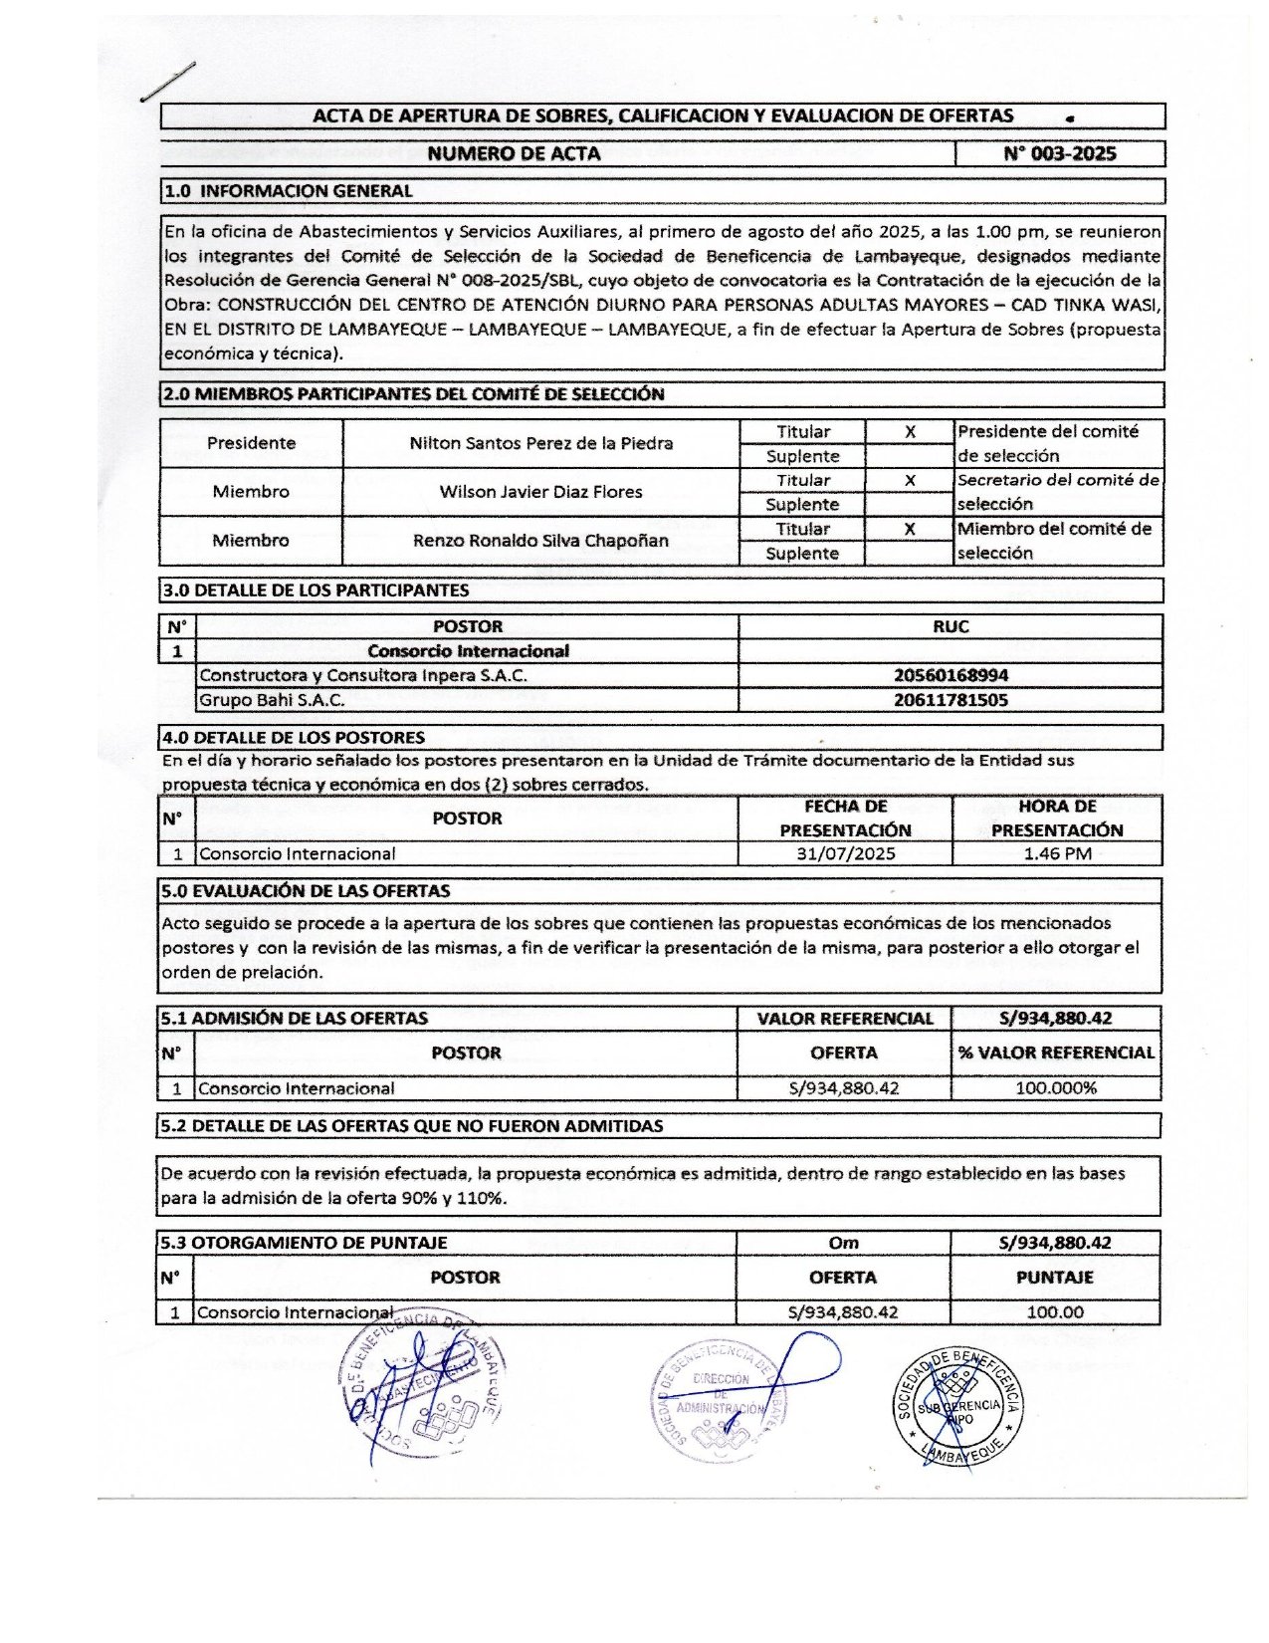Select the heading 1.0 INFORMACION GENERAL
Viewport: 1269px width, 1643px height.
(x=288, y=190)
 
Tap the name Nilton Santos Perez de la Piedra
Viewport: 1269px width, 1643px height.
(x=540, y=443)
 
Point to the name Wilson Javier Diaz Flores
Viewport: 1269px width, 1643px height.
(x=540, y=492)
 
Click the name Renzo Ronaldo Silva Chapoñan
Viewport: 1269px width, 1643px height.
(x=540, y=541)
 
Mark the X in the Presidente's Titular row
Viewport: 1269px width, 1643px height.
(x=910, y=431)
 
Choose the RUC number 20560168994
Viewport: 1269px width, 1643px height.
(x=951, y=675)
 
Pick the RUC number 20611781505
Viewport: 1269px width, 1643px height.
(x=951, y=700)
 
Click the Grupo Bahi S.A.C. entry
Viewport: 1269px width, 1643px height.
(x=273, y=700)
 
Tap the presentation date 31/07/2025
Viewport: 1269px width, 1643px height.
(x=845, y=853)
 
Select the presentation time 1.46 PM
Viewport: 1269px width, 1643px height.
(x=1057, y=853)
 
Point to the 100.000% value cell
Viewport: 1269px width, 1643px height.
(x=1056, y=1088)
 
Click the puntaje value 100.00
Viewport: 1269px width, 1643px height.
(x=1055, y=1312)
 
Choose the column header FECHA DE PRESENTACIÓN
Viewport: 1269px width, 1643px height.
(x=845, y=818)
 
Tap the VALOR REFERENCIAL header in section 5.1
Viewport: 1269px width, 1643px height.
(x=845, y=1018)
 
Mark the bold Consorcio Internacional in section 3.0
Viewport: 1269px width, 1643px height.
(x=468, y=651)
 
